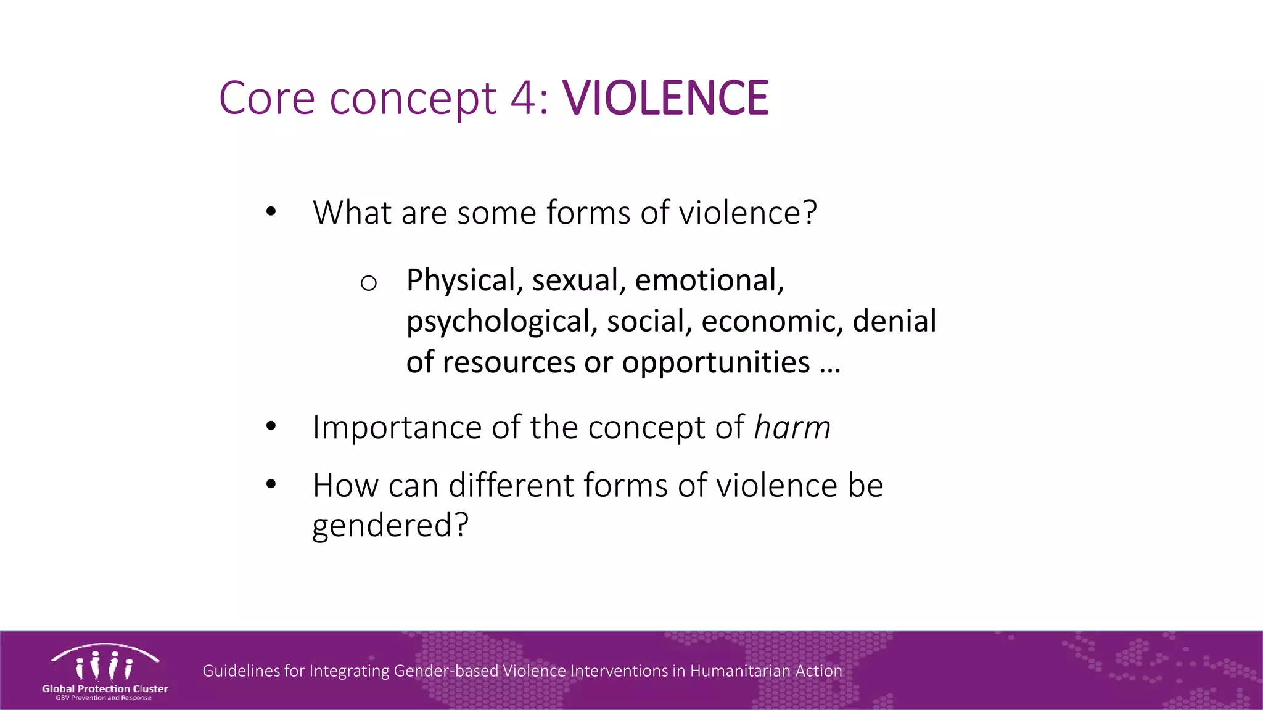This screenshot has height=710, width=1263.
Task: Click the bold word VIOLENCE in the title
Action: [665, 98]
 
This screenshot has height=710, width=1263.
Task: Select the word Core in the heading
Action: [267, 98]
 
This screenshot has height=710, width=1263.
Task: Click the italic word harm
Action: [792, 427]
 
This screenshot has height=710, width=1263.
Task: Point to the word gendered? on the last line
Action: [390, 526]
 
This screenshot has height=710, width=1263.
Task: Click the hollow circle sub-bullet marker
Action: [368, 283]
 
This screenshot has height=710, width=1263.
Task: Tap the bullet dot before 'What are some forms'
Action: [271, 212]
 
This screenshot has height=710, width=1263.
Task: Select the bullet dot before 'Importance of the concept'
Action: [271, 426]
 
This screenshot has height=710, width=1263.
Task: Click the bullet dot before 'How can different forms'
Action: [271, 484]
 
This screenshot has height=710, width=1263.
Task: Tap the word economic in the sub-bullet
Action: [771, 321]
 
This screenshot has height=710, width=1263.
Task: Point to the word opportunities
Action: [715, 362]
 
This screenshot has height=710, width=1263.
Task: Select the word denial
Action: [894, 321]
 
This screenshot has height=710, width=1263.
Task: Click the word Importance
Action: [397, 427]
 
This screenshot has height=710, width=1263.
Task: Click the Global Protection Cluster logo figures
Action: [104, 666]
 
